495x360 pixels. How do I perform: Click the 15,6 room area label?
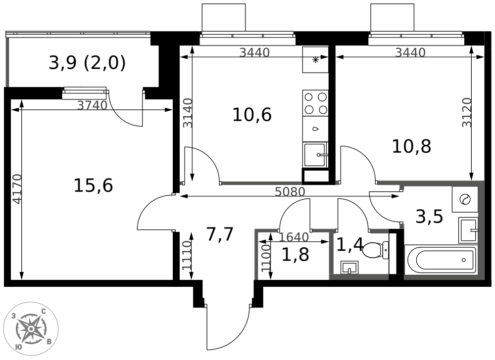pos(93,185)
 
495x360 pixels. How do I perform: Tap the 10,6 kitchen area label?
pos(252,115)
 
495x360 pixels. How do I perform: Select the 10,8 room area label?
pos(411,146)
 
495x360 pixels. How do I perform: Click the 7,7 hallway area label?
pos(220,234)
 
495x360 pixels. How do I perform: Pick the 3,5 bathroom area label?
pos(429,217)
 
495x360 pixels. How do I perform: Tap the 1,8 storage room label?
pos(295,255)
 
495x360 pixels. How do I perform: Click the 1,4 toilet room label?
pos(350,244)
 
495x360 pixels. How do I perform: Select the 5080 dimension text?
pos(291,191)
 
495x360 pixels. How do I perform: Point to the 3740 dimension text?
pos(93,105)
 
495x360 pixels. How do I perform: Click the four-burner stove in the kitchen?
pos(315,103)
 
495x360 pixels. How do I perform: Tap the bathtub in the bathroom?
pos(441,260)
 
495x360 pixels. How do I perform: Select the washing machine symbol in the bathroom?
pos(465,199)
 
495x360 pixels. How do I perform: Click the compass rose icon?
pos(31,328)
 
